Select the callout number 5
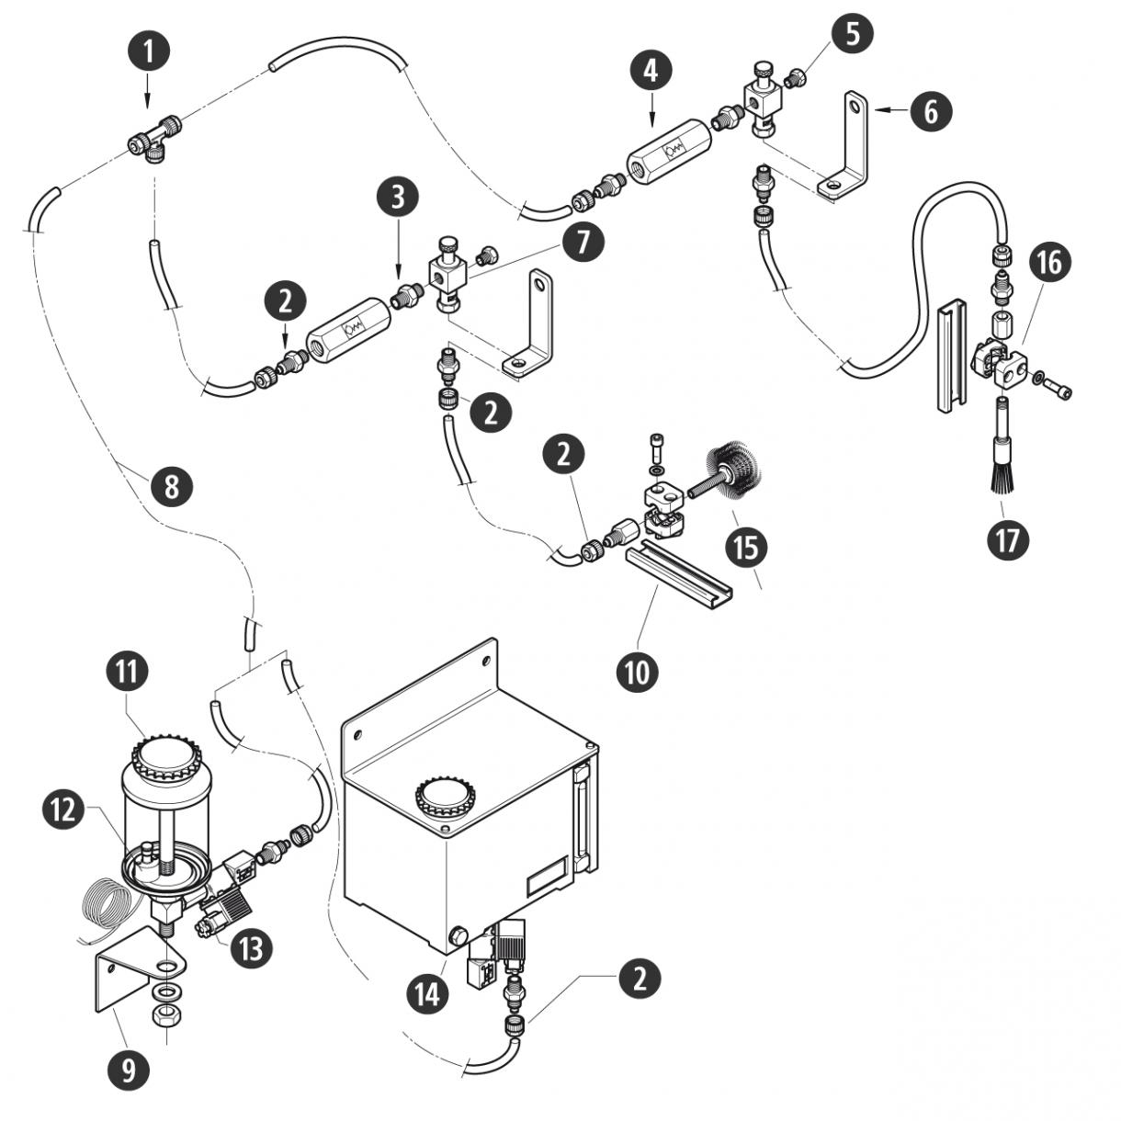854,34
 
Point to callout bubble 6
932,112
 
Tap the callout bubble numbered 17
1007,538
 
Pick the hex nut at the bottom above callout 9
165,1015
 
